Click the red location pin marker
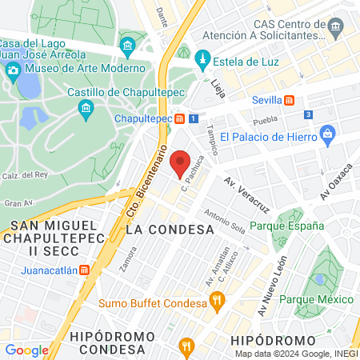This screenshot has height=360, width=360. (x=181, y=164)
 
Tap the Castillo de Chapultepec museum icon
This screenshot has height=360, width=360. (x=87, y=108)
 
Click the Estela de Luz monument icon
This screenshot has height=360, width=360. (x=202, y=60)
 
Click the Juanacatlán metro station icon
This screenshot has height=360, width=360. (x=85, y=270)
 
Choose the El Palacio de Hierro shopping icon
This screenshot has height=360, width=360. (x=328, y=135)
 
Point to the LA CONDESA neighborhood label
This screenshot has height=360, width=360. (x=170, y=230)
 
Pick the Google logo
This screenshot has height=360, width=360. (x=26, y=350)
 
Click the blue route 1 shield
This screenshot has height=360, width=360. (x=194, y=118)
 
